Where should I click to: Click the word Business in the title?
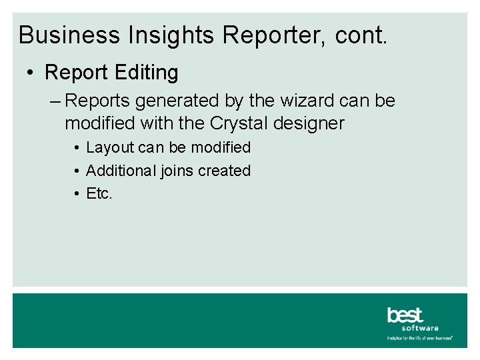tap(59, 35)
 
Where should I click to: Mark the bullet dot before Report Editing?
tap(32, 72)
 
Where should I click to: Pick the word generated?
tap(173, 101)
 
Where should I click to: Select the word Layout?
tap(111, 147)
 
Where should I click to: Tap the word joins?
tap(176, 171)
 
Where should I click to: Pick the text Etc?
tap(100, 194)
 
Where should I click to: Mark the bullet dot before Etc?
tap(77, 194)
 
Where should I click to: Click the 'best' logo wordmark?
tap(405, 315)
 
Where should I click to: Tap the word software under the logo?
tap(420, 328)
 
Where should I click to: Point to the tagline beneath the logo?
tap(420, 338)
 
